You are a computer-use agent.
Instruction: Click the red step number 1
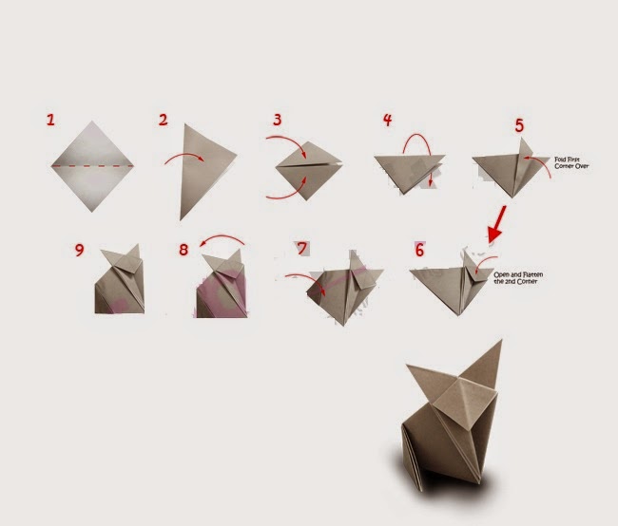(x=50, y=120)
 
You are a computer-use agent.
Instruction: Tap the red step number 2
(x=164, y=120)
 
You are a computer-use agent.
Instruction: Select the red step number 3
(x=278, y=120)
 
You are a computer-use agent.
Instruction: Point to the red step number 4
(x=387, y=120)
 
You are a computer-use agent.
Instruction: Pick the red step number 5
(x=519, y=125)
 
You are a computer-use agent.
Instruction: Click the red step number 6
(x=419, y=250)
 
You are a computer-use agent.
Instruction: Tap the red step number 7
(x=302, y=249)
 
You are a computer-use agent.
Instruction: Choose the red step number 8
(x=183, y=250)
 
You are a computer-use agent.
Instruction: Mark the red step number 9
(x=80, y=250)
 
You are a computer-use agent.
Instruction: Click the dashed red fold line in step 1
(x=92, y=166)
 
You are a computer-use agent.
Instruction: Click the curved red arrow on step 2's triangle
(x=184, y=155)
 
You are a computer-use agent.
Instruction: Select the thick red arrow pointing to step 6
(x=497, y=224)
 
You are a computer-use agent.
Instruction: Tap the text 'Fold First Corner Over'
(x=571, y=163)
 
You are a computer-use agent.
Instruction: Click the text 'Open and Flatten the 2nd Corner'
(x=518, y=278)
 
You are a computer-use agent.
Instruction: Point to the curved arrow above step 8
(x=222, y=237)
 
